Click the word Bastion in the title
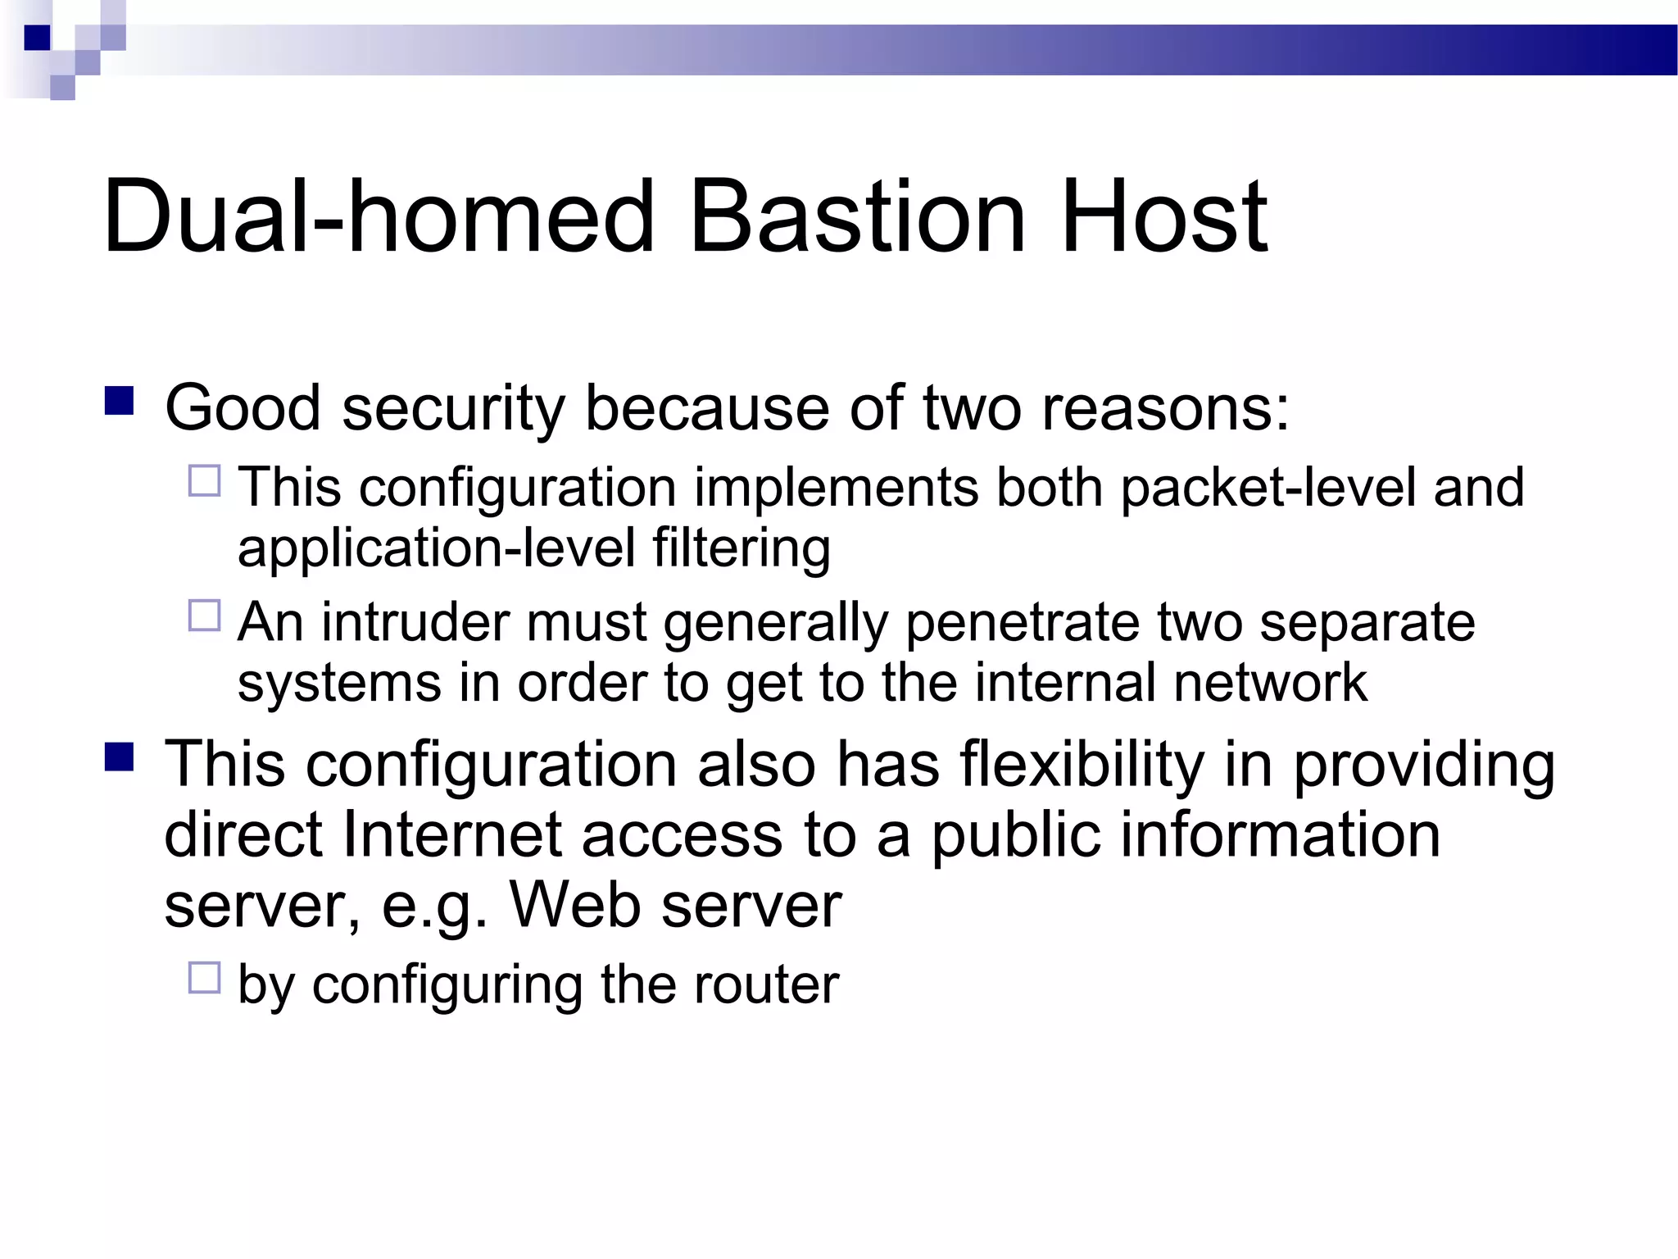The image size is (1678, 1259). click(x=857, y=217)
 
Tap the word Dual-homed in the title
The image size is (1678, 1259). click(x=379, y=217)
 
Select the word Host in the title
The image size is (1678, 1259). click(x=1163, y=217)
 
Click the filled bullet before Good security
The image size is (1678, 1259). click(x=120, y=402)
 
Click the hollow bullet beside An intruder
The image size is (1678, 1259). click(x=205, y=616)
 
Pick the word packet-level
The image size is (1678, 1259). click(x=1267, y=488)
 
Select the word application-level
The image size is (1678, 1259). click(x=437, y=548)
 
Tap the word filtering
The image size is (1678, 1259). click(x=741, y=548)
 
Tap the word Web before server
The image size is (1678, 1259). click(x=574, y=906)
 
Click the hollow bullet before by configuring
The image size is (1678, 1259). click(x=205, y=978)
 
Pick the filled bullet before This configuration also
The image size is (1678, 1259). click(x=120, y=757)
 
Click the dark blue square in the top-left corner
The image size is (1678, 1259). click(x=37, y=38)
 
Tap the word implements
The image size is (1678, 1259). click(x=836, y=488)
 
